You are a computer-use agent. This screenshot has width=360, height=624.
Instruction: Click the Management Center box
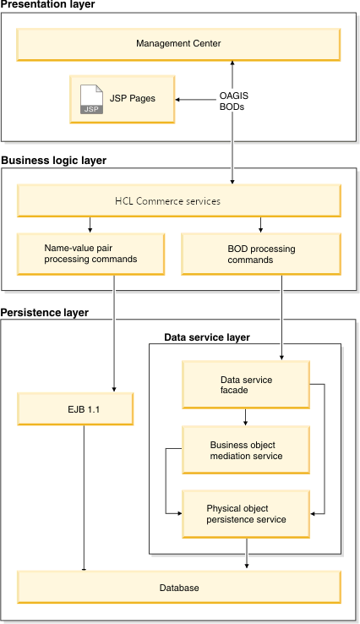(178, 43)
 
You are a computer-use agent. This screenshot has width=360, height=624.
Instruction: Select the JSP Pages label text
(132, 99)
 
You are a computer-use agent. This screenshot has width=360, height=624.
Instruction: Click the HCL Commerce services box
(178, 201)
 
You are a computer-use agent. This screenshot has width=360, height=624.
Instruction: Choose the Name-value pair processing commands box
(90, 254)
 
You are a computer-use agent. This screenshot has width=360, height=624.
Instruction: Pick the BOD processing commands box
(261, 254)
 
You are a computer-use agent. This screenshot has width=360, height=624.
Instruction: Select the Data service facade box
(246, 386)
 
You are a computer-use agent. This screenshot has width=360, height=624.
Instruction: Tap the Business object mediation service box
(246, 451)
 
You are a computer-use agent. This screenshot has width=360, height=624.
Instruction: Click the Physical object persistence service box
(246, 514)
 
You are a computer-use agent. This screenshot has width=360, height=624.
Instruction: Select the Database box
(178, 587)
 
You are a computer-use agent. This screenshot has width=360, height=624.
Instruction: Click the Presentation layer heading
(48, 5)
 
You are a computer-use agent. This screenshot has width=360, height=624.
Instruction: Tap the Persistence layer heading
(45, 312)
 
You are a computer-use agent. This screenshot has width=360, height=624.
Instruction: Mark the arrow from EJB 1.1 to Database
(84, 499)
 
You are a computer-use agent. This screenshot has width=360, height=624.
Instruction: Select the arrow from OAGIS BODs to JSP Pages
(196, 99)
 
